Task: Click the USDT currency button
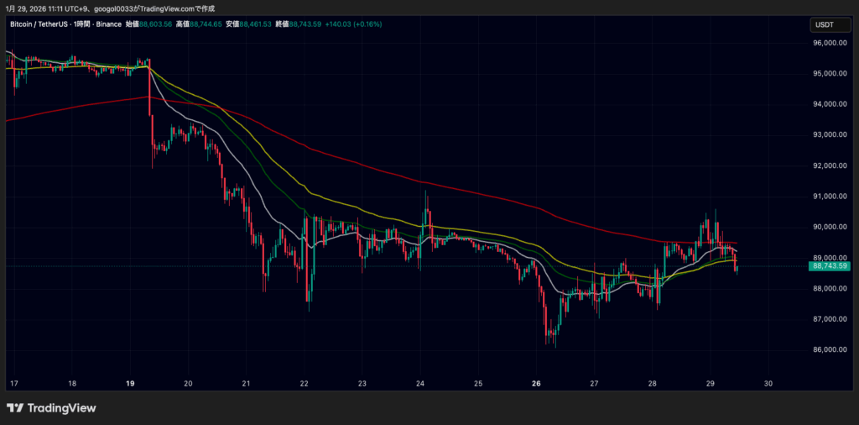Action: coord(825,24)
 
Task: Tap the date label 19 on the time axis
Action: coord(130,384)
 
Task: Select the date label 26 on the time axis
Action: coord(536,384)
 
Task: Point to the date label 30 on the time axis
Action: coord(768,384)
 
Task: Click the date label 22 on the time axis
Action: coord(304,384)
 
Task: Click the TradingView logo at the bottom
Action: coord(51,408)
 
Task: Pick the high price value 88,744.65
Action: coord(206,24)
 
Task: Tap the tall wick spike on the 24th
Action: coord(427,195)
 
